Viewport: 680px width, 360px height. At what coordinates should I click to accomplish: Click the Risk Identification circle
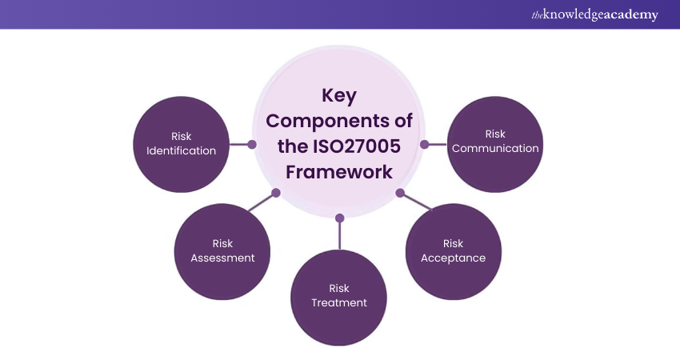click(x=182, y=143)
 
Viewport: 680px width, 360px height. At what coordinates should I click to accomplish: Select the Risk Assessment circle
click(x=222, y=250)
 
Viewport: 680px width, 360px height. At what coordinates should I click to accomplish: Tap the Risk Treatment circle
click(x=339, y=296)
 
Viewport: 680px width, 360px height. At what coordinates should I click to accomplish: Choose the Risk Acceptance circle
click(x=453, y=250)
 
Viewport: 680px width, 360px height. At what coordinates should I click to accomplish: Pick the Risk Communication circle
click(x=494, y=142)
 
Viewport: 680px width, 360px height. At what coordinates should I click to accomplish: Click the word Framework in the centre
click(x=339, y=172)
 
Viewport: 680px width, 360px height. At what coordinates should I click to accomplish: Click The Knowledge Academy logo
click(x=595, y=14)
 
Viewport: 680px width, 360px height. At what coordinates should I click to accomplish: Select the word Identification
click(x=182, y=150)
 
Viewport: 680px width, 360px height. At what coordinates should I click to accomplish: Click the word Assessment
click(x=222, y=258)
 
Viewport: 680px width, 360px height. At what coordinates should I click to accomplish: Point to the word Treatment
click(x=339, y=303)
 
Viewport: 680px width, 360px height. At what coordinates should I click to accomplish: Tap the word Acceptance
click(x=453, y=258)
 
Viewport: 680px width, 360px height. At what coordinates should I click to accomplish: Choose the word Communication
click(x=494, y=148)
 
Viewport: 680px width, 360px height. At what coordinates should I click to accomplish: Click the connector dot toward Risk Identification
click(x=252, y=145)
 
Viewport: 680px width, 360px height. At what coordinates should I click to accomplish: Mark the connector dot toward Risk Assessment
click(x=276, y=193)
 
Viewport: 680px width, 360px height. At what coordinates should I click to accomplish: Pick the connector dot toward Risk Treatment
click(x=339, y=217)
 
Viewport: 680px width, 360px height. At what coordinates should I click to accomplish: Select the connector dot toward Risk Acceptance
click(x=399, y=193)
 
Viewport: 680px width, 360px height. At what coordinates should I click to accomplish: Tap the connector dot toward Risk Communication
click(x=424, y=145)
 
